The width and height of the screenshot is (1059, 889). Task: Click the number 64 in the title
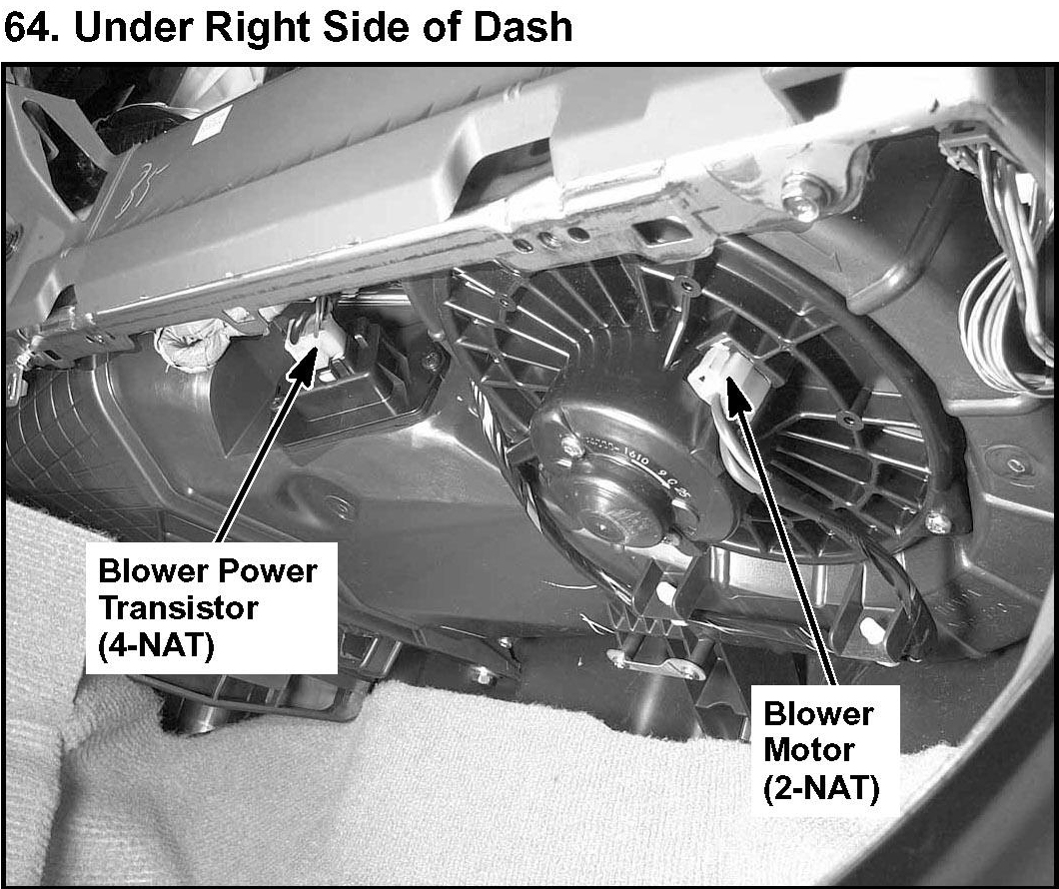click(x=30, y=27)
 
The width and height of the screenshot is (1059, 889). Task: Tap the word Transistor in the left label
click(x=177, y=607)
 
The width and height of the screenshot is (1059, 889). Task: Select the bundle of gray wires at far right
click(x=1009, y=300)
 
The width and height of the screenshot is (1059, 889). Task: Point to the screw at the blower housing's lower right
click(x=934, y=522)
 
